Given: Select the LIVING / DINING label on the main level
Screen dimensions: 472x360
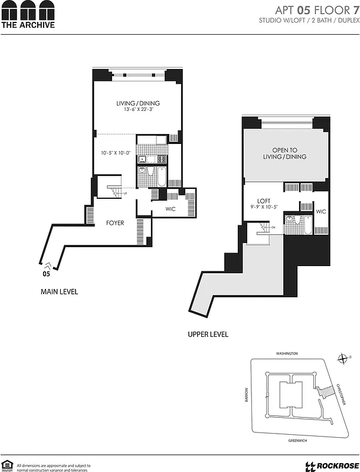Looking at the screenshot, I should (x=138, y=103).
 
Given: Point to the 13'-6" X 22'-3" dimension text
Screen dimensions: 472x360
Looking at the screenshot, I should (x=138, y=110).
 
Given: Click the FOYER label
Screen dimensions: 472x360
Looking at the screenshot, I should (x=114, y=223).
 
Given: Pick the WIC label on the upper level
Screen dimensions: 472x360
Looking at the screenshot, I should (x=321, y=212).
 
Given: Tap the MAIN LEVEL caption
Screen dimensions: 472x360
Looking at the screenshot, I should (x=59, y=291).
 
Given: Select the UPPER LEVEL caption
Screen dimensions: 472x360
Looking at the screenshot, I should (x=208, y=335).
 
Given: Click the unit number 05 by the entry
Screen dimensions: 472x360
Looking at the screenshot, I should (x=46, y=274).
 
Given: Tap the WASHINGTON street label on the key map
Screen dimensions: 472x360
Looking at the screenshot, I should (x=287, y=353).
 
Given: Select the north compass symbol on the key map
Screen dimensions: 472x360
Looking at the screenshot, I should (x=342, y=358).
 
